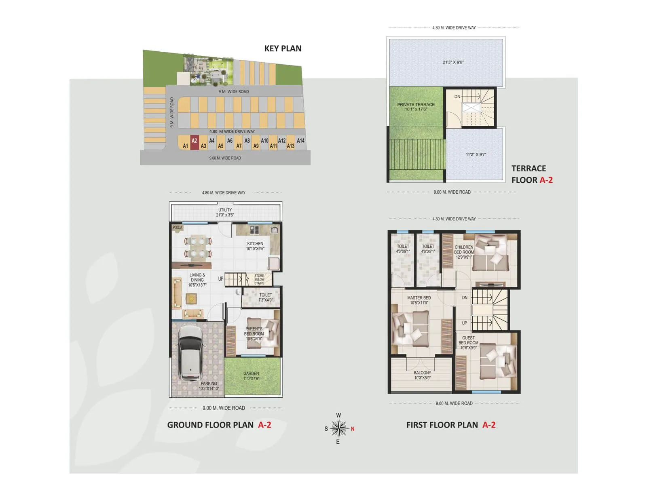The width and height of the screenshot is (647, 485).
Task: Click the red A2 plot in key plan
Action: point(195,142)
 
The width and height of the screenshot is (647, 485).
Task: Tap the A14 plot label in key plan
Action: point(300,141)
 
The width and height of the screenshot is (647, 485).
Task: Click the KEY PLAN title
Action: point(283,48)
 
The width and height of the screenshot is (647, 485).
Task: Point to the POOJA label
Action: point(178,228)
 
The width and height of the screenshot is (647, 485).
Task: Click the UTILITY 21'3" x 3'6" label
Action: point(225,212)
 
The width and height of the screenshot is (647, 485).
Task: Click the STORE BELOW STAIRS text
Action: point(259,279)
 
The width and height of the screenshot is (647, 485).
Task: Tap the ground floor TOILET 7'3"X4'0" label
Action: point(266,297)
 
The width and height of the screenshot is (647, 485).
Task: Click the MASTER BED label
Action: point(419,300)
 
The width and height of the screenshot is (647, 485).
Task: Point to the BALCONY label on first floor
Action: point(423,375)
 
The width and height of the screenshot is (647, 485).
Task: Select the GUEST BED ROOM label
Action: point(468,342)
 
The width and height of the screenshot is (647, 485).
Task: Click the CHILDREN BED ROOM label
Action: point(463,252)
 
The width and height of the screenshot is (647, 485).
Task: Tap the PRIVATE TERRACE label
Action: point(416,107)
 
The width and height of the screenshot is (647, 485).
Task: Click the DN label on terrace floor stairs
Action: point(457,97)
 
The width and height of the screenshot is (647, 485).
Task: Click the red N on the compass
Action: point(353,429)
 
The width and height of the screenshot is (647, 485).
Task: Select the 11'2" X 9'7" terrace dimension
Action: point(476,154)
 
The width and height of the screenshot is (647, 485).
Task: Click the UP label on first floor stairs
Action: point(465,323)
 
